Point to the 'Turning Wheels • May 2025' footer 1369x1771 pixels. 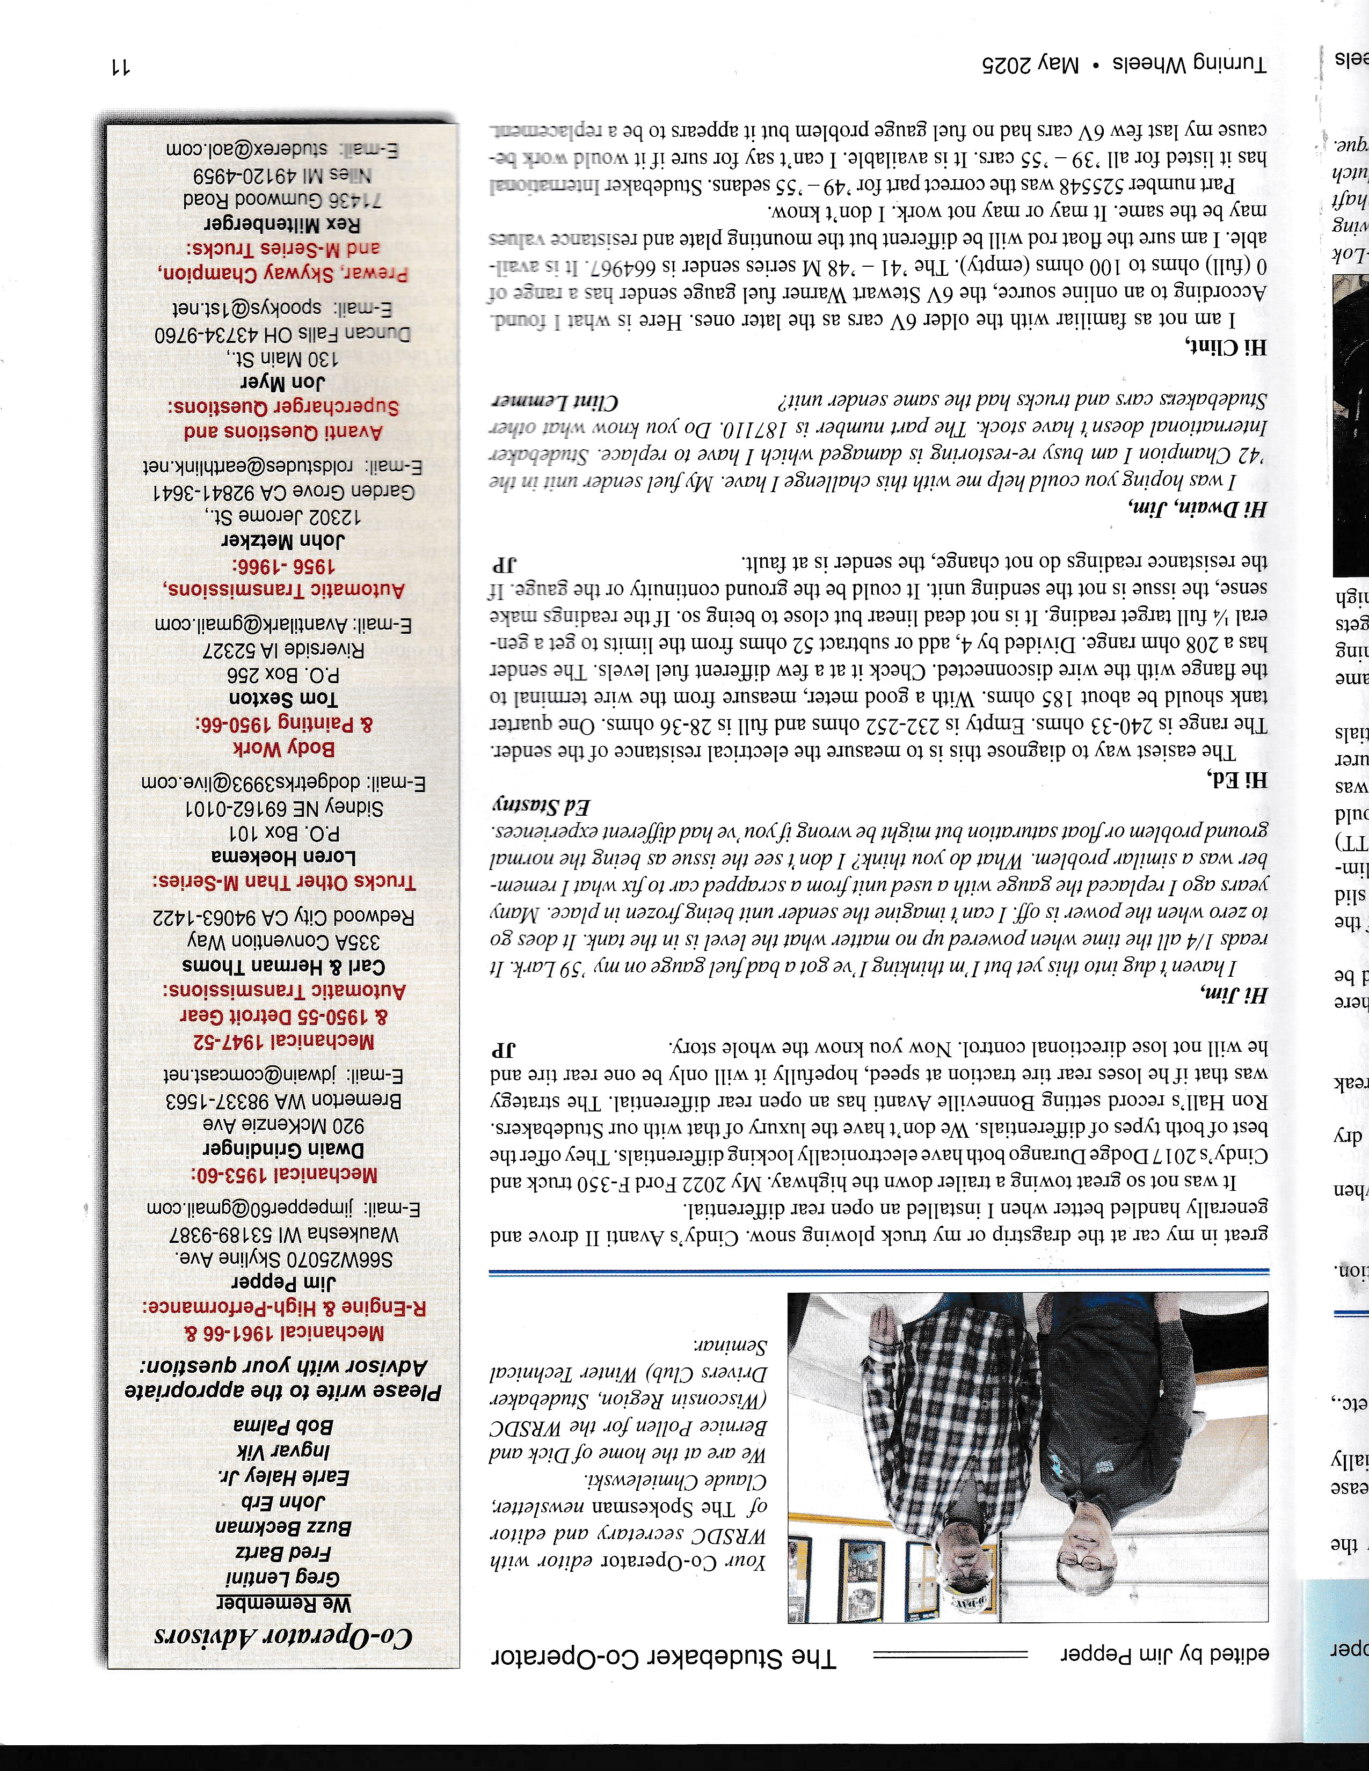pos(1123,64)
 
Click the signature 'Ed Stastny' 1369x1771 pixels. pos(541,807)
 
